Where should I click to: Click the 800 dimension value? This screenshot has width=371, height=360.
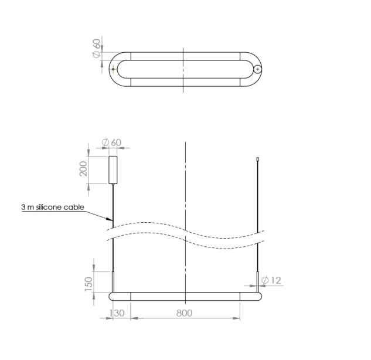(x=184, y=313)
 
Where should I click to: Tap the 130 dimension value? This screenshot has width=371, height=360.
(x=117, y=313)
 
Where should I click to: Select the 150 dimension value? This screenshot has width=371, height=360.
(x=89, y=284)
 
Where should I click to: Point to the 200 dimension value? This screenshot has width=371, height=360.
(x=83, y=168)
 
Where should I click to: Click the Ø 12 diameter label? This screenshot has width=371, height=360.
(x=271, y=280)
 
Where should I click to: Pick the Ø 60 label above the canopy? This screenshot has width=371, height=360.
(x=111, y=142)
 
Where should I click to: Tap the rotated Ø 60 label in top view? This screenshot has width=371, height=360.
(x=97, y=49)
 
